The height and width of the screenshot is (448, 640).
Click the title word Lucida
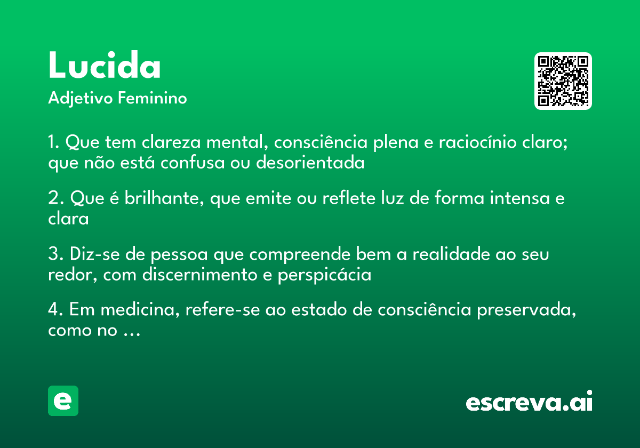[105, 66]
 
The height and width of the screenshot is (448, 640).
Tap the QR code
[563, 81]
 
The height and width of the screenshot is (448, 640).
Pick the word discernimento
[203, 275]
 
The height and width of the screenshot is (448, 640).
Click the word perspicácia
[324, 276]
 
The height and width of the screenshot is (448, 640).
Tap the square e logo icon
[63, 401]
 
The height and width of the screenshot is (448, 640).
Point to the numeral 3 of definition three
[52, 255]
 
